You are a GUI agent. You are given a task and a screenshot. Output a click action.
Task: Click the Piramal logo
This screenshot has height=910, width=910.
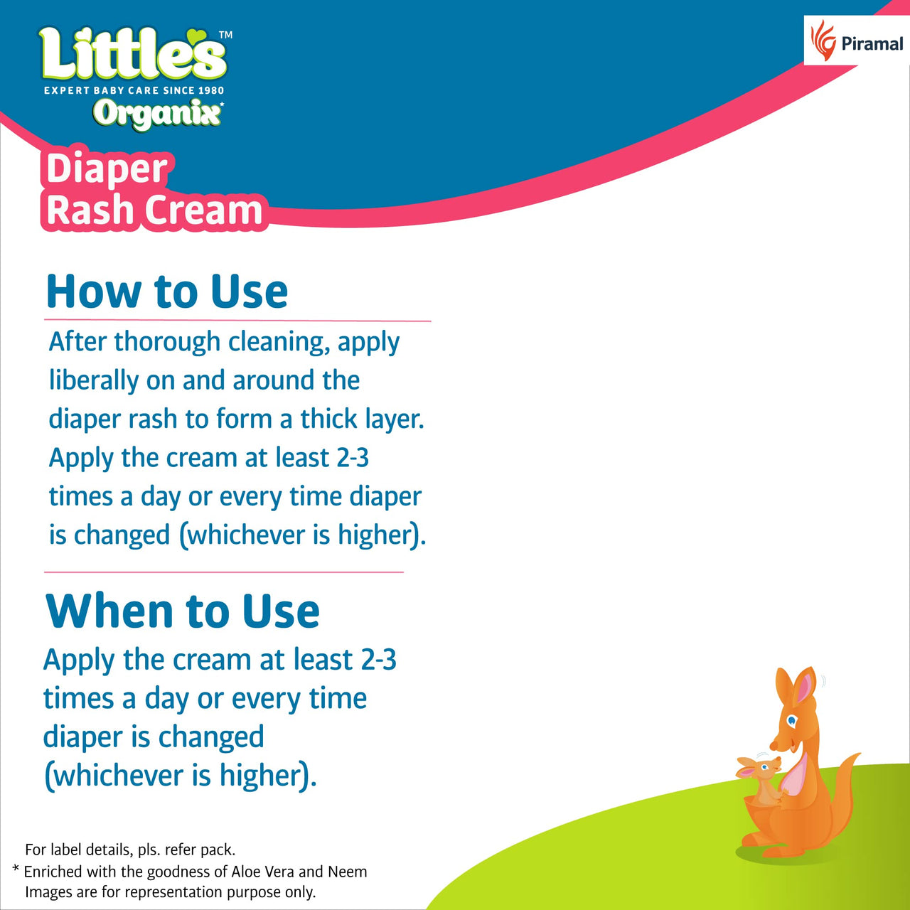[857, 41]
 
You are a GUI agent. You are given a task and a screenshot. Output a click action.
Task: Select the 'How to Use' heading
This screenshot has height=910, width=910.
[167, 291]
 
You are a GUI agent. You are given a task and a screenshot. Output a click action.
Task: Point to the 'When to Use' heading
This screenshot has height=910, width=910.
[183, 611]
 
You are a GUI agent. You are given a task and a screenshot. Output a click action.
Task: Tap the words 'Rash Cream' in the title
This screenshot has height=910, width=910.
[154, 210]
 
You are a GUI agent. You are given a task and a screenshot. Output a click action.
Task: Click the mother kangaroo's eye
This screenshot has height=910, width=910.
[792, 722]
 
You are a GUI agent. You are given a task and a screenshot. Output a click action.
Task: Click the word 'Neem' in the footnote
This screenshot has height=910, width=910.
[348, 872]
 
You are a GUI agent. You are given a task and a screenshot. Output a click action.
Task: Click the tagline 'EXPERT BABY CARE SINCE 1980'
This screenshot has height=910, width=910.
[134, 90]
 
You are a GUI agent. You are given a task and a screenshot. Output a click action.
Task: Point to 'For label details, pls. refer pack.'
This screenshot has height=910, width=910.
[130, 850]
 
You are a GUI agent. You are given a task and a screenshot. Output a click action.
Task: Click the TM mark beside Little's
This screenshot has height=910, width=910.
[225, 34]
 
